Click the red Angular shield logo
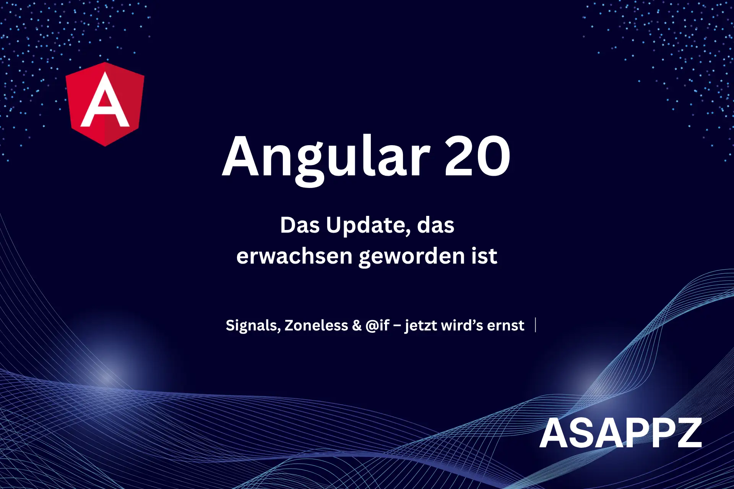(x=105, y=104)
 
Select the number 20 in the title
(x=477, y=156)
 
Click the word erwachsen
(x=294, y=256)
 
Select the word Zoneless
(x=316, y=325)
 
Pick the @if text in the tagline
(x=377, y=325)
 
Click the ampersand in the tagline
(x=357, y=325)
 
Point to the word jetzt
(x=421, y=326)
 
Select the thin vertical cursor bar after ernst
(x=536, y=325)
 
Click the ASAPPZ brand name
(x=620, y=433)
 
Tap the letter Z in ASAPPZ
(x=688, y=433)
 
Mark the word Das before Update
(x=300, y=225)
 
